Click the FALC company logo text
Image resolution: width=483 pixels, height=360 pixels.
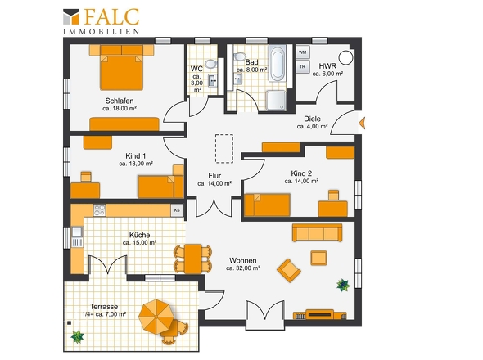(x=111, y=16)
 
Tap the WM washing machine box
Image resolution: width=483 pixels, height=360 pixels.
(x=303, y=52)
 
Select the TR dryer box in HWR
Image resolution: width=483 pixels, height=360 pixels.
(x=303, y=66)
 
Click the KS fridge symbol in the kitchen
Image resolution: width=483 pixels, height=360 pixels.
(x=177, y=210)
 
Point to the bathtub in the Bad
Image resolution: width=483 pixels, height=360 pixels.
(x=278, y=63)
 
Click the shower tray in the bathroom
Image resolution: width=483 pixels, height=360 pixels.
(x=276, y=101)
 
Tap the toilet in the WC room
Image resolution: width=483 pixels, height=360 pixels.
(x=211, y=64)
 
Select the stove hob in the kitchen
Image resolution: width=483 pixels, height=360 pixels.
(x=100, y=210)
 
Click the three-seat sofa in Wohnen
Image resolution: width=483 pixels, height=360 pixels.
(x=317, y=233)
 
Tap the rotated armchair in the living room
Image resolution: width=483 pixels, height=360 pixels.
(x=289, y=270)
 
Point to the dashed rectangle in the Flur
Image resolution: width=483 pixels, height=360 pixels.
(x=224, y=148)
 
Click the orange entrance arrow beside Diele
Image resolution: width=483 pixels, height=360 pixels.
(x=362, y=124)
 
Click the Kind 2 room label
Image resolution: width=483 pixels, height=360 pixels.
(x=301, y=173)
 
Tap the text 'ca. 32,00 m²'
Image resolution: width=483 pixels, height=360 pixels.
(x=243, y=268)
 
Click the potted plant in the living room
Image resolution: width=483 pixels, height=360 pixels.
(x=343, y=286)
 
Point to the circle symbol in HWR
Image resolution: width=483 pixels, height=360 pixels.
(x=345, y=57)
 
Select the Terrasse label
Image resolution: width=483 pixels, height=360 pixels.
(x=104, y=307)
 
